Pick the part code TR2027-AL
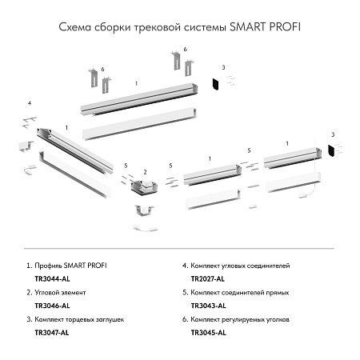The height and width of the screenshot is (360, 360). (x=207, y=278)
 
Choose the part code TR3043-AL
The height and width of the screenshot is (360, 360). (x=207, y=305)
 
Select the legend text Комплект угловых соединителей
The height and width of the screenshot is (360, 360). (x=242, y=265)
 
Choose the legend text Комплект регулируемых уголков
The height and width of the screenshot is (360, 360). (x=242, y=319)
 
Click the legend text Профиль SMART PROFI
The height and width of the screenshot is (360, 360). (x=70, y=265)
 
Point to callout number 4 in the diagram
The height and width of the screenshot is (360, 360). (x=29, y=104)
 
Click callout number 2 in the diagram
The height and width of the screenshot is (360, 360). (x=144, y=171)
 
